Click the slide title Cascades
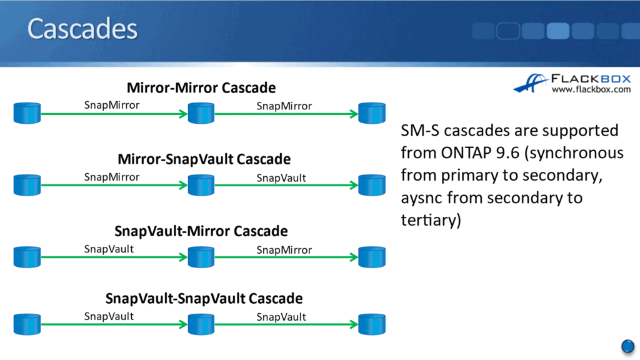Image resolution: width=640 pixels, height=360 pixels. click(x=82, y=29)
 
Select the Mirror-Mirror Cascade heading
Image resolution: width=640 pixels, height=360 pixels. click(x=201, y=87)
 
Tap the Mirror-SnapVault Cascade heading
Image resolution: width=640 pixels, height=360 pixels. click(x=204, y=159)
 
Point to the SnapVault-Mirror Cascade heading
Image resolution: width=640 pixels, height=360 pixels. click(x=201, y=231)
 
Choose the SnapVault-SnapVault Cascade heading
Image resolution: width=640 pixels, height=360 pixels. click(x=204, y=298)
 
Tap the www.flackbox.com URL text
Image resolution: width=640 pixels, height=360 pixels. click(x=591, y=90)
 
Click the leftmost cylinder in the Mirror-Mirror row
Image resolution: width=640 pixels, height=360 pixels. click(x=27, y=113)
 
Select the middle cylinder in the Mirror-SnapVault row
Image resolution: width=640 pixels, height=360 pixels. click(x=201, y=185)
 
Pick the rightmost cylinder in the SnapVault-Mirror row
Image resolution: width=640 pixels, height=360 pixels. click(x=372, y=257)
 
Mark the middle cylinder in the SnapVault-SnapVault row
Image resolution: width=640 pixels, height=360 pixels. click(x=201, y=324)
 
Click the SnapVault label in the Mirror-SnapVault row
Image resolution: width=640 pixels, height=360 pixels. click(x=281, y=178)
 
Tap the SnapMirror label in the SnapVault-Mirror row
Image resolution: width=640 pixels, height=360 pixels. click(x=284, y=250)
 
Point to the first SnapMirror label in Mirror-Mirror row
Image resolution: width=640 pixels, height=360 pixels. click(x=112, y=105)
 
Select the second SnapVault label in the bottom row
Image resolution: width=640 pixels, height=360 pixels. click(x=281, y=317)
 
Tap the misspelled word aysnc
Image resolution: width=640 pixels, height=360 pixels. click(x=423, y=198)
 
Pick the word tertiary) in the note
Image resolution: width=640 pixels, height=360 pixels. click(x=431, y=221)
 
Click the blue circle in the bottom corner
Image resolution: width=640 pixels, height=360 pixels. click(x=628, y=346)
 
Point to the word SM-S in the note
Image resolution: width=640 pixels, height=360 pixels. click(x=420, y=131)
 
